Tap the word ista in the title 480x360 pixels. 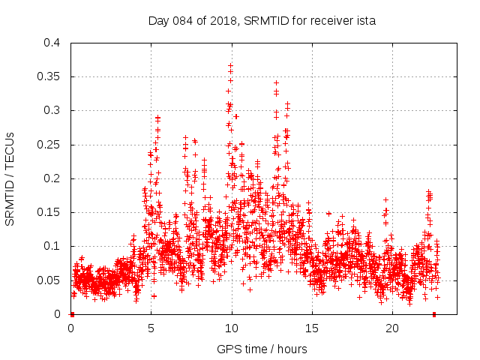pyautogui.click(x=365, y=21)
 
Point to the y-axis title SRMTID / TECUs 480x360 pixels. pyautogui.click(x=10, y=179)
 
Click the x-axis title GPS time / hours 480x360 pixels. pyautogui.click(x=262, y=349)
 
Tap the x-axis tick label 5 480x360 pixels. pyautogui.click(x=151, y=328)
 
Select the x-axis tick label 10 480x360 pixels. pyautogui.click(x=232, y=328)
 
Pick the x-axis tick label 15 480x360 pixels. pyautogui.click(x=312, y=328)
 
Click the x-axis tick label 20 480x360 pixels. pyautogui.click(x=392, y=328)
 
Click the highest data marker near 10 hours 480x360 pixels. pyautogui.click(x=231, y=65)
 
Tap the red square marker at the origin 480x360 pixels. pyautogui.click(x=71, y=313)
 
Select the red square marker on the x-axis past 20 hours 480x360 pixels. pyautogui.click(x=434, y=313)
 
